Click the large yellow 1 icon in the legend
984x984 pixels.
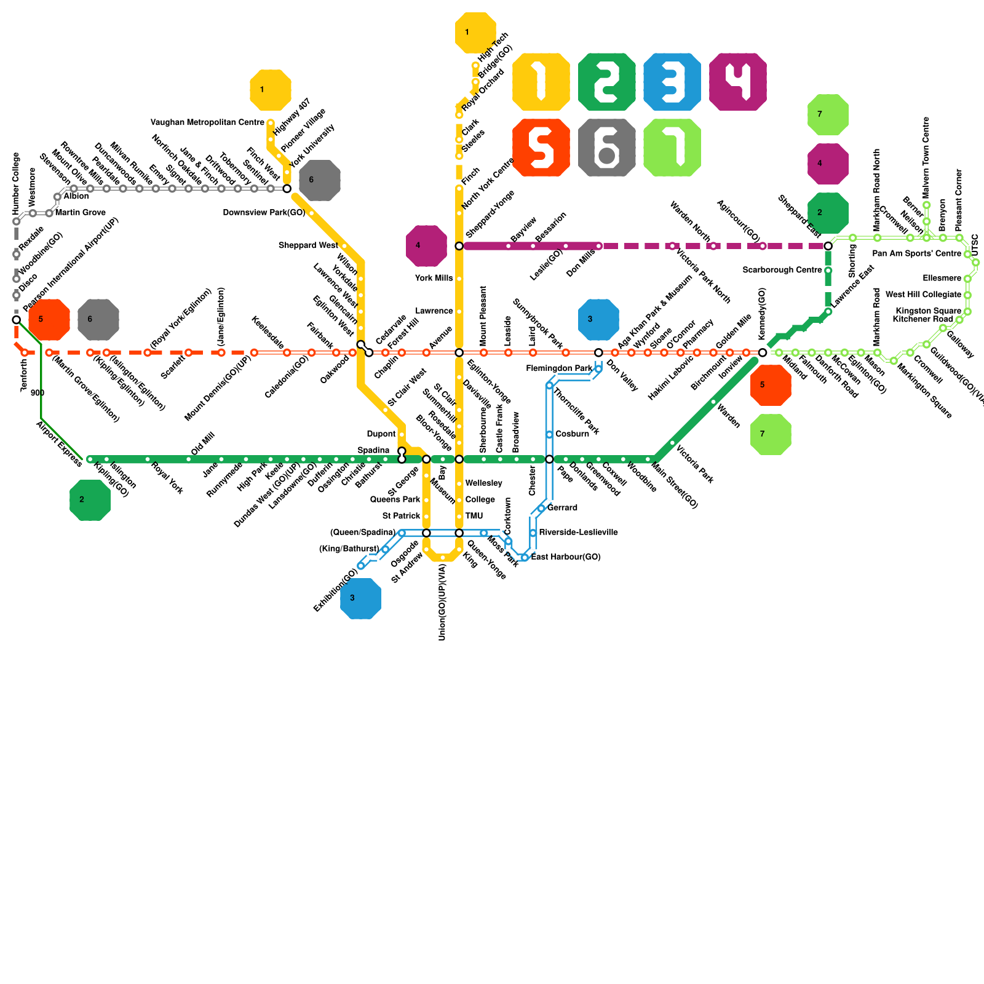[x=541, y=82]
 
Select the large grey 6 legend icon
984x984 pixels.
[x=606, y=148]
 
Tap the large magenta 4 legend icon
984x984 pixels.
[x=737, y=82]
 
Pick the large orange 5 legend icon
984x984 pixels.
[x=541, y=148]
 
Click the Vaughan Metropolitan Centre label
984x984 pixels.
[x=207, y=123]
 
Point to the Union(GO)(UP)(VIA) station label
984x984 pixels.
[x=442, y=602]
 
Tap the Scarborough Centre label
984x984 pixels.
[x=782, y=270]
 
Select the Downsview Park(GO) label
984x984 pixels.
[x=264, y=213]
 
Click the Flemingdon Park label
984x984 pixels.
[x=559, y=368]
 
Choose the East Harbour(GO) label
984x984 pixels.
[x=566, y=557]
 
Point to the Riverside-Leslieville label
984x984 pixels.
[x=578, y=533]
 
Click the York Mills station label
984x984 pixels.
[x=434, y=278]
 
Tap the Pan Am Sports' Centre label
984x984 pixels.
[x=916, y=253]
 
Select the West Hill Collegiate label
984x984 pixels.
[x=923, y=295]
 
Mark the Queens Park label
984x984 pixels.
[x=395, y=499]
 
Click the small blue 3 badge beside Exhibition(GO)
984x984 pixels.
[x=360, y=598]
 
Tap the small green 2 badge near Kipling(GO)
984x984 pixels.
[x=90, y=500]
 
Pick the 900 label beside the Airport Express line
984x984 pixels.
[x=37, y=393]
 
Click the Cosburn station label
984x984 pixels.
[x=572, y=434]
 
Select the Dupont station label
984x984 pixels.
[x=381, y=434]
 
